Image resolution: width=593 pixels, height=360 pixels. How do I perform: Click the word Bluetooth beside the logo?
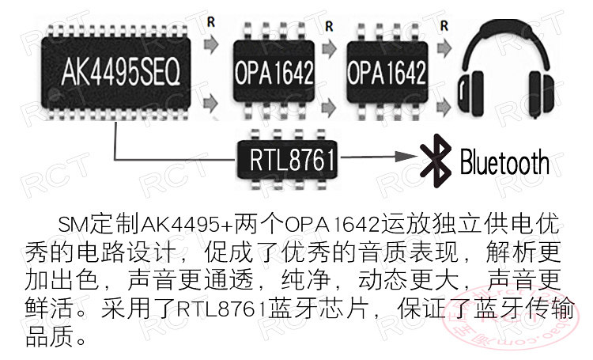[504, 162]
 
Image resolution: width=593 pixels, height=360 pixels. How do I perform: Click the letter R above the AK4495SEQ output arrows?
[210, 21]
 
